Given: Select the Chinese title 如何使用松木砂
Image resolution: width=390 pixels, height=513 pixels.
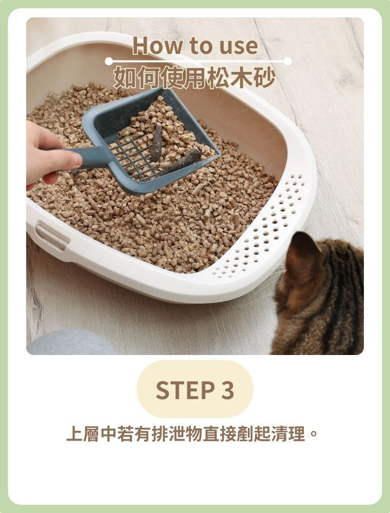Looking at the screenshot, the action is pyautogui.click(x=194, y=77).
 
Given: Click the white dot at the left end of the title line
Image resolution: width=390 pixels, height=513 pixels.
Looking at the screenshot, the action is pyautogui.click(x=109, y=61).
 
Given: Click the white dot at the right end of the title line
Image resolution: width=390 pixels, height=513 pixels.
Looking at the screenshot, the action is pyautogui.click(x=287, y=61).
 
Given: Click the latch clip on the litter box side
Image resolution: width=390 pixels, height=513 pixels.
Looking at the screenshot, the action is pyautogui.click(x=52, y=236).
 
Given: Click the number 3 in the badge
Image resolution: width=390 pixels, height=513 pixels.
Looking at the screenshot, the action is pyautogui.click(x=228, y=390).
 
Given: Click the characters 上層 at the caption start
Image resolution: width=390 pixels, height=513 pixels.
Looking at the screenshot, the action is pyautogui.click(x=83, y=433).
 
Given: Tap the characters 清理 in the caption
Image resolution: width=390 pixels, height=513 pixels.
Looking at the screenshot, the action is pyautogui.click(x=288, y=433).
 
